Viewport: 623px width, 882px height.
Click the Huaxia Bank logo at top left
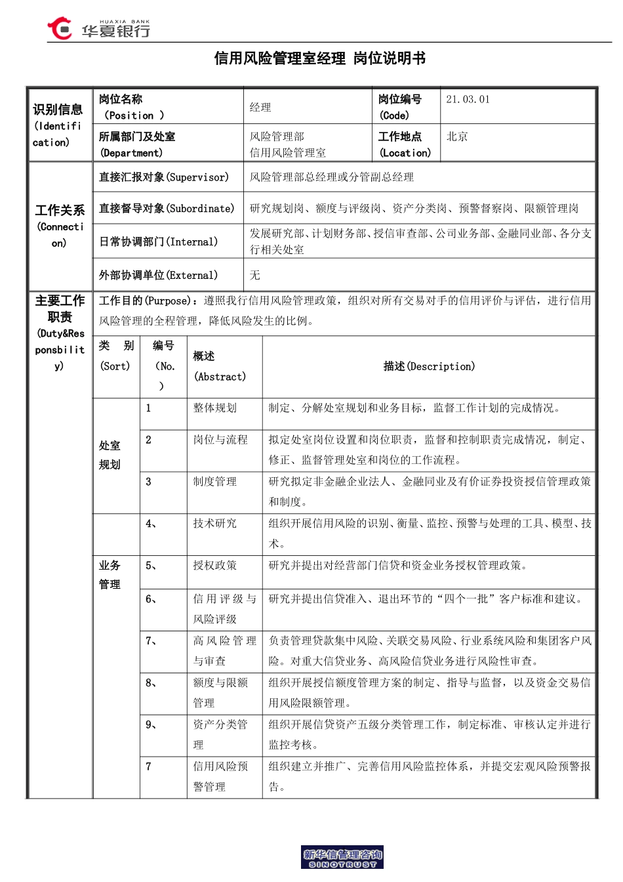98,29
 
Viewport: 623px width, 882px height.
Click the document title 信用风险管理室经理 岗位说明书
320,58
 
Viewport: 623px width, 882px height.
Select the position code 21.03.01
468,100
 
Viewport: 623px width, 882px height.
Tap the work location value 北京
457,136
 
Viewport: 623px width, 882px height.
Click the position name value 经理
260,107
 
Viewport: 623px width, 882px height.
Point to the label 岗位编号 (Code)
399,107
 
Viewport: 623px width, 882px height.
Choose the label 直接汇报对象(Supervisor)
164,177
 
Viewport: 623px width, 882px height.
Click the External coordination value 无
255,275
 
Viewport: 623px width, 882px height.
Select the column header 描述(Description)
429,366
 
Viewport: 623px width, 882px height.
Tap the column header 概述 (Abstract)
220,366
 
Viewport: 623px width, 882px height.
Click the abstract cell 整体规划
215,408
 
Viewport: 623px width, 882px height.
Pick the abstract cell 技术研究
215,524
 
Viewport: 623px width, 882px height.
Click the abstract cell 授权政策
215,566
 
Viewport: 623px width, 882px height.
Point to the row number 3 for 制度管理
149,482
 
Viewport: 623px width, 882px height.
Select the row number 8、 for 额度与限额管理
151,683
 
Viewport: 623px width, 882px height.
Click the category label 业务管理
110,575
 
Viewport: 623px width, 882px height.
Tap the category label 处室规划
110,455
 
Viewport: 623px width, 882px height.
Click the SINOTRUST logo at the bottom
342,858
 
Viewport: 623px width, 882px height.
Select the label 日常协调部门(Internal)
158,241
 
